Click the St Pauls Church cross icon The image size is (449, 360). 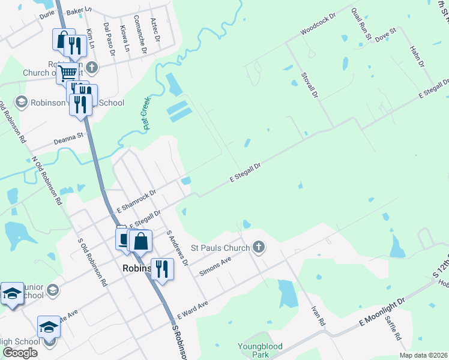click(x=259, y=247)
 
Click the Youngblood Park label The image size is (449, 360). click(x=261, y=350)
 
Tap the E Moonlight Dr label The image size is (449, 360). click(x=382, y=312)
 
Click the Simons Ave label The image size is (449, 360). click(x=215, y=266)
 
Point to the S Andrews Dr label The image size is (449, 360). click(x=177, y=248)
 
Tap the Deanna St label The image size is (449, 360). click(x=67, y=138)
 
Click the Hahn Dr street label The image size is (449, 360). click(x=417, y=56)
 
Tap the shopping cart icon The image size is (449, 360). click(x=68, y=73)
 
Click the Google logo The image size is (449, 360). click(x=20, y=352)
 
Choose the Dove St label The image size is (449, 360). click(x=385, y=34)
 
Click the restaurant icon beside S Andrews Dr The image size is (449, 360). click(x=162, y=269)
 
